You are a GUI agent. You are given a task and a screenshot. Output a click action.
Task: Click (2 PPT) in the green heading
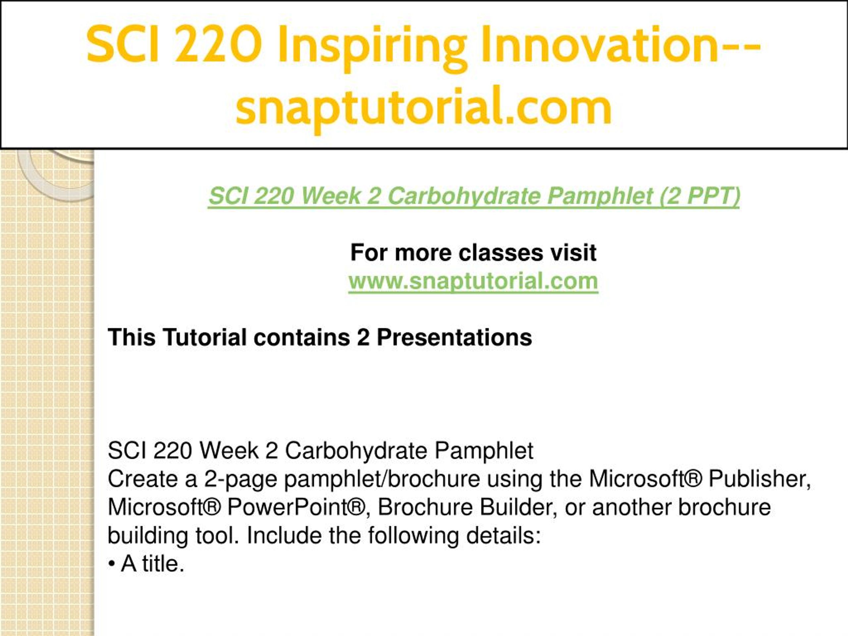[x=700, y=196]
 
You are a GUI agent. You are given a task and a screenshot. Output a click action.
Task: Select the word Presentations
[x=454, y=337]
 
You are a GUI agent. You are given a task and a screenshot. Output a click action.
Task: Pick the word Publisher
[x=760, y=479]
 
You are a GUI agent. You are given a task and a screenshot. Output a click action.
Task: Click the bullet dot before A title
[x=112, y=565]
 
